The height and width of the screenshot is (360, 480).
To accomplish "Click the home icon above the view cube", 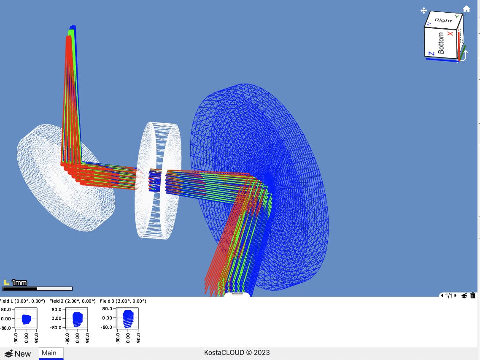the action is coord(466,9).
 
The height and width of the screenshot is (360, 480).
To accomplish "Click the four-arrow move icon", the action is coord(423,11).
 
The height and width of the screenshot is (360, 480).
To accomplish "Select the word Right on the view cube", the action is coord(443,20).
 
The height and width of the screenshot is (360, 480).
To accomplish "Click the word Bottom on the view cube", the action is coord(441,43).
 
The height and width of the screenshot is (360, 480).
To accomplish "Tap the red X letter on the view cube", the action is coord(450,33).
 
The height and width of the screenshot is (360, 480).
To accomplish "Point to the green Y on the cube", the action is coord(457,16).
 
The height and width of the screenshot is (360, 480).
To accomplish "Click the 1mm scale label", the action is coord(19,282).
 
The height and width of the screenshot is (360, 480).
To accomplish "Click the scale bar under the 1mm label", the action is coord(38,289).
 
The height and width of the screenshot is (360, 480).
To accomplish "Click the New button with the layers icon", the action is coord(18,354).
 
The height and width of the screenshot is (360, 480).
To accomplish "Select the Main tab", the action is coord(49,353).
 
